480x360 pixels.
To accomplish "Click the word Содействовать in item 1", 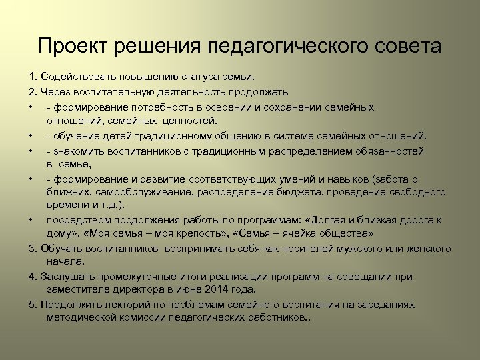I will coord(73,78).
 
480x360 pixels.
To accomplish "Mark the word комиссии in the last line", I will coord(146,318).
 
